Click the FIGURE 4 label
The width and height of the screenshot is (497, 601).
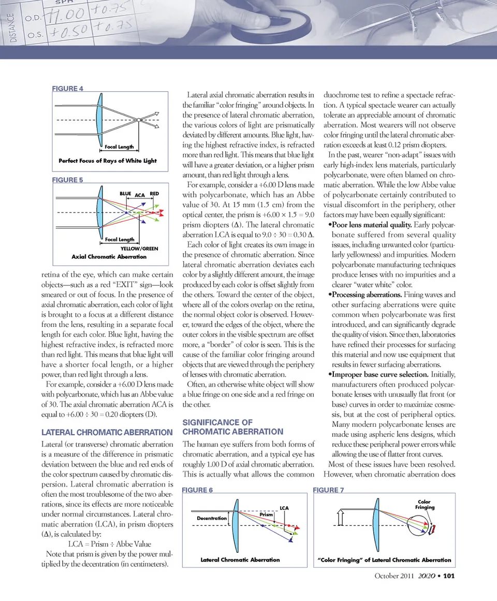coord(68,89)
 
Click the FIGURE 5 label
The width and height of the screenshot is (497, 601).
coord(68,180)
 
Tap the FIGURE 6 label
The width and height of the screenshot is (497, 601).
coord(198,490)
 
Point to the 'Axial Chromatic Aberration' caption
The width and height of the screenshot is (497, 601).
coord(109,256)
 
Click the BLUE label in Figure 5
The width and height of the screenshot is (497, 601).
coord(125,193)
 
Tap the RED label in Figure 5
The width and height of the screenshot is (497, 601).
coord(154,193)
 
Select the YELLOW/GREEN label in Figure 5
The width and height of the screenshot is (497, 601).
coord(136,249)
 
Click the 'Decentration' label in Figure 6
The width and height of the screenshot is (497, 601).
coord(212,518)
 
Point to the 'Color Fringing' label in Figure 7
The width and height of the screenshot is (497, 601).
coord(424,504)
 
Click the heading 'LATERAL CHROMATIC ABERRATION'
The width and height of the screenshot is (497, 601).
coord(106,432)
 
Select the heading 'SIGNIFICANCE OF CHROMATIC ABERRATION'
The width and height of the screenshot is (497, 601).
coord(234,427)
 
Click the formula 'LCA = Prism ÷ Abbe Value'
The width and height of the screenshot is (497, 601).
coord(109,543)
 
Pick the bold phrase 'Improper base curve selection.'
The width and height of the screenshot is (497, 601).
coord(378,375)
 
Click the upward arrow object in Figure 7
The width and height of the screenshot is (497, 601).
coord(340,518)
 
